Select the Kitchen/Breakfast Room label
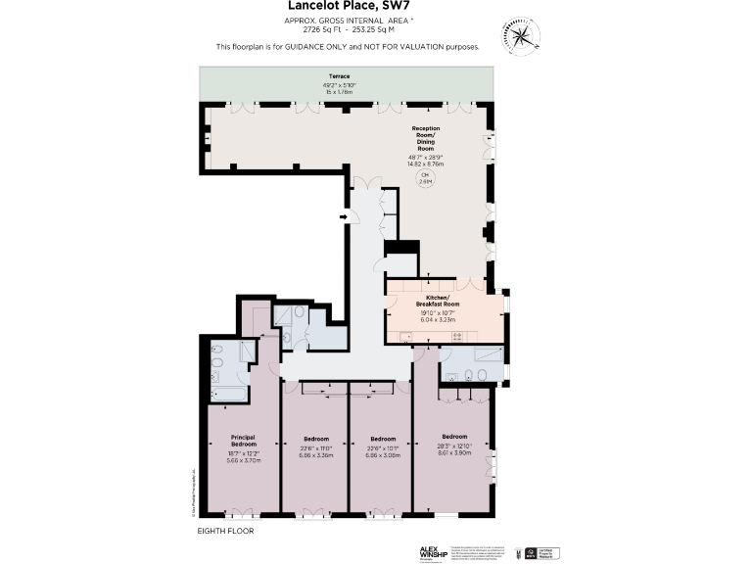click(438, 300)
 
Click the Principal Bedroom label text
click(244, 440)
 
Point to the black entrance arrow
click(343, 216)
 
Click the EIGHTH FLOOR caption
click(225, 530)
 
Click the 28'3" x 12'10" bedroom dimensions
click(454, 446)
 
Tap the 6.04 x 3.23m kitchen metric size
click(438, 319)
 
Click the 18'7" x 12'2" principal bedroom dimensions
click(244, 453)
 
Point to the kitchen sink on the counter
click(406, 337)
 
